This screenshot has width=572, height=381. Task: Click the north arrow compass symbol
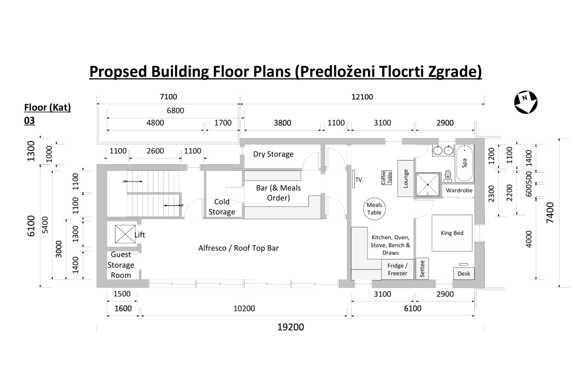[x=526, y=102]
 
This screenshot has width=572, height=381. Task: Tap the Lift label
[x=140, y=235]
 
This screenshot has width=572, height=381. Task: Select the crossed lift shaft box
[x=125, y=234]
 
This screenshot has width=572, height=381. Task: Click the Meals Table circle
[x=374, y=209]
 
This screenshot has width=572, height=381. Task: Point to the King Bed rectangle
[x=452, y=233]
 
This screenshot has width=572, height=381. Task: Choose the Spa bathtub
[x=464, y=163]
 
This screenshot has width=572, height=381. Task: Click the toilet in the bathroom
[x=448, y=176]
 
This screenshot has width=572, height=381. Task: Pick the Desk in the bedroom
[x=464, y=273]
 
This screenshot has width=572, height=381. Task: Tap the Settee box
[x=422, y=269]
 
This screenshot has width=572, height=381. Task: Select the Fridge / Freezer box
[x=398, y=270]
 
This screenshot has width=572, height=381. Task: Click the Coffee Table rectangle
[x=387, y=178]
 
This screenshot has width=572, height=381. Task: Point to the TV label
[x=358, y=180]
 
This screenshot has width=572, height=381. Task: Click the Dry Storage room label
[x=273, y=154]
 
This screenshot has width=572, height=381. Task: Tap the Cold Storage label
[x=222, y=207]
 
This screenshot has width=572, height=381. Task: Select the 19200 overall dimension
[x=291, y=327]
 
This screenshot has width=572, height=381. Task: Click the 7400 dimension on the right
[x=550, y=213]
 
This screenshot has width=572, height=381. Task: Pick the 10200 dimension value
[x=244, y=309]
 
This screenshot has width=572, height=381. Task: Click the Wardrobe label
[x=459, y=190]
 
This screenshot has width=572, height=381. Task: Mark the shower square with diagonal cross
[x=428, y=184]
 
